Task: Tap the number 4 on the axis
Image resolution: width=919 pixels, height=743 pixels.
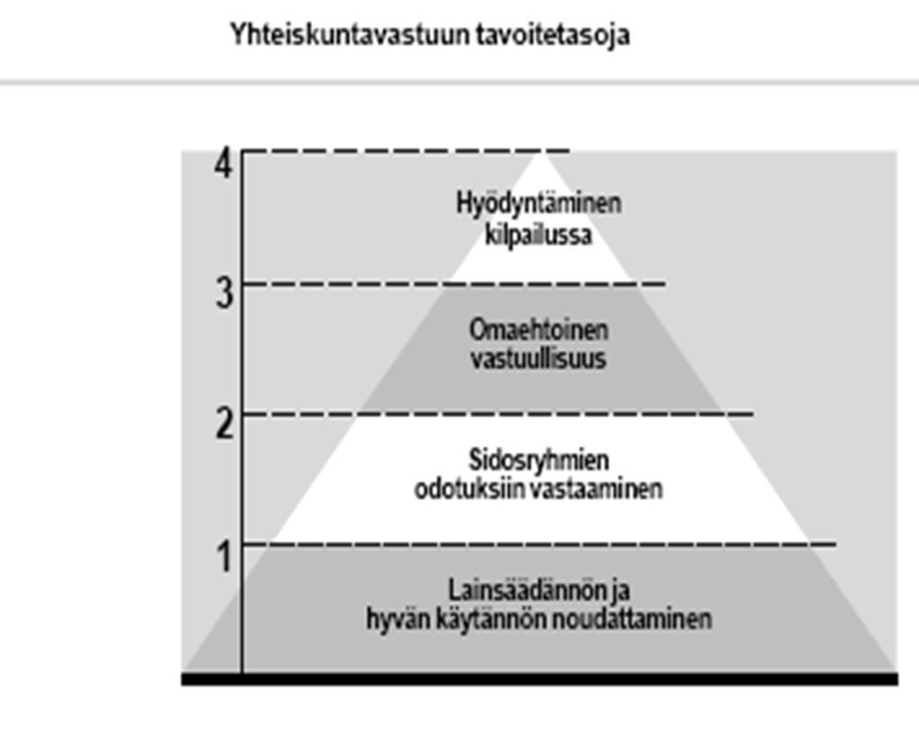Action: (223, 163)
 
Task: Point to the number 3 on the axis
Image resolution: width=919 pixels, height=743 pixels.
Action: (224, 293)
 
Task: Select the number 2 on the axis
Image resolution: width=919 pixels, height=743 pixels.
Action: (224, 424)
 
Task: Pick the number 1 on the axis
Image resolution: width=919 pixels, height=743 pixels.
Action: (224, 556)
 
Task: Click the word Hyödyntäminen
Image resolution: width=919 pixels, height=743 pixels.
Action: (539, 205)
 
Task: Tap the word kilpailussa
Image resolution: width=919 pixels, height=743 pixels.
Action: (539, 234)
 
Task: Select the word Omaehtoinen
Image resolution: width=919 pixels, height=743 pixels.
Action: (539, 329)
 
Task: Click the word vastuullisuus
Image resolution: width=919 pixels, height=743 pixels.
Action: (539, 358)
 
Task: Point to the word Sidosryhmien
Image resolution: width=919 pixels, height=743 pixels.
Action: (539, 461)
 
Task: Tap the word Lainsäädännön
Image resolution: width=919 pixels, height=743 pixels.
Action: (524, 590)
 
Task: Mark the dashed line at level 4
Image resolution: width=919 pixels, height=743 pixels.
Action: (405, 151)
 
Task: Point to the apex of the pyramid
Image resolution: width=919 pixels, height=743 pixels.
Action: (540, 152)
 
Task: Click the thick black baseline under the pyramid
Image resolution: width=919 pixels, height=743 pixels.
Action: (539, 679)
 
